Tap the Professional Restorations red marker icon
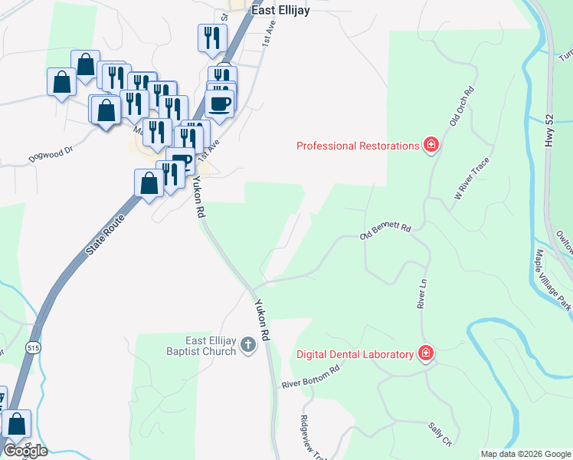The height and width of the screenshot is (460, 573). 431,146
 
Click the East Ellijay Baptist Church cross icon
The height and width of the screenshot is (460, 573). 247,345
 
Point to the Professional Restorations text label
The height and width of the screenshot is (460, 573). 358,146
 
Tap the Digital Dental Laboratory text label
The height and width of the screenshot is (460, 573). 357,354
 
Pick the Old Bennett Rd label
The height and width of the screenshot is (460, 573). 386,232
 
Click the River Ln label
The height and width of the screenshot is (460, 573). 421,294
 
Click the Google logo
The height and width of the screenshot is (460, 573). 25,450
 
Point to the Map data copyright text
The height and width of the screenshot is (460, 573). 525,454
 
